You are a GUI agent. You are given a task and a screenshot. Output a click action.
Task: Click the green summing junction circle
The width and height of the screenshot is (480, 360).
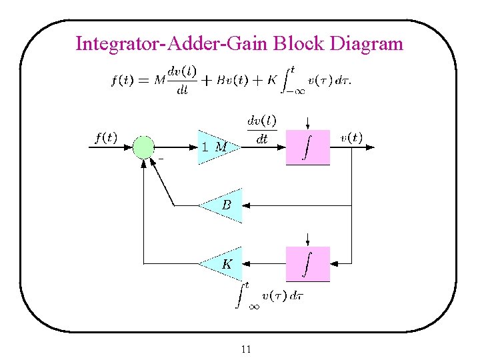click(143, 147)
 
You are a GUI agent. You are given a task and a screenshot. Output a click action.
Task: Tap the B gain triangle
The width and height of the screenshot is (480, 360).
click(223, 205)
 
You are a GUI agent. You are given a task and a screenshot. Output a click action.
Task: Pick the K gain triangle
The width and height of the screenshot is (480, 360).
click(223, 264)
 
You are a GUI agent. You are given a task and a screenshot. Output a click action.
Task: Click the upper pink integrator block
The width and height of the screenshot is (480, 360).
click(307, 147)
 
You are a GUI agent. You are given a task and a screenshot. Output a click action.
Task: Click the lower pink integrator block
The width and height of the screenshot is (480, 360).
click(307, 264)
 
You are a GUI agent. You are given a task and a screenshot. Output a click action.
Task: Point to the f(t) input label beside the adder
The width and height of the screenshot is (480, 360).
click(105, 138)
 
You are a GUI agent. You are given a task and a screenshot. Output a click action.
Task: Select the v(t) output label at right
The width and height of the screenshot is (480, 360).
click(351, 138)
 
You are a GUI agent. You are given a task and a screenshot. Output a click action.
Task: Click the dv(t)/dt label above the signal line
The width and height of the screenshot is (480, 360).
click(262, 129)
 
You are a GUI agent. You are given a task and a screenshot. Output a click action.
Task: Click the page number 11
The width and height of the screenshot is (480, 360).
click(246, 349)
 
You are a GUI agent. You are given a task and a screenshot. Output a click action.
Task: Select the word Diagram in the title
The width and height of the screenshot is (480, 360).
click(367, 45)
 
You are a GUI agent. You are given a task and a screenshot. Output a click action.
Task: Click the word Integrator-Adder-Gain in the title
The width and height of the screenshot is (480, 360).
click(171, 45)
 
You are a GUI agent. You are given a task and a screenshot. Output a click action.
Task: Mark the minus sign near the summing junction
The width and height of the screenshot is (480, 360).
click(161, 159)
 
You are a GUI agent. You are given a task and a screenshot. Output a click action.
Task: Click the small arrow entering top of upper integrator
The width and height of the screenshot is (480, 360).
click(307, 124)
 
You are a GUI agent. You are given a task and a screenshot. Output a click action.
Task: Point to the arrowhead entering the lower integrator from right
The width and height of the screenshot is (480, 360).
click(335, 264)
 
